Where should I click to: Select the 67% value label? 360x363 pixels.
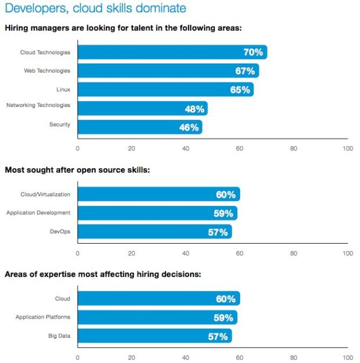point(245,71)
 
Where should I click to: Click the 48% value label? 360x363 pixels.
point(195,109)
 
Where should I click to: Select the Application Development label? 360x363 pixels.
point(38,213)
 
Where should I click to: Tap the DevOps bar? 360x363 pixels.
point(155,231)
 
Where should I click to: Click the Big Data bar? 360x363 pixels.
point(155,336)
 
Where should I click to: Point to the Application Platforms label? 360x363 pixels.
point(43,317)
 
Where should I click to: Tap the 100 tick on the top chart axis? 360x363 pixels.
point(348,149)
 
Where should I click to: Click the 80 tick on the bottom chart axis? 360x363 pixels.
point(294,357)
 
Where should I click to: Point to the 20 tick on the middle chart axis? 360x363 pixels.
point(132,253)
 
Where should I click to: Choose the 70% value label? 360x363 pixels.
point(253,52)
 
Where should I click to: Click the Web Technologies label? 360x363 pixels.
point(47,71)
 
